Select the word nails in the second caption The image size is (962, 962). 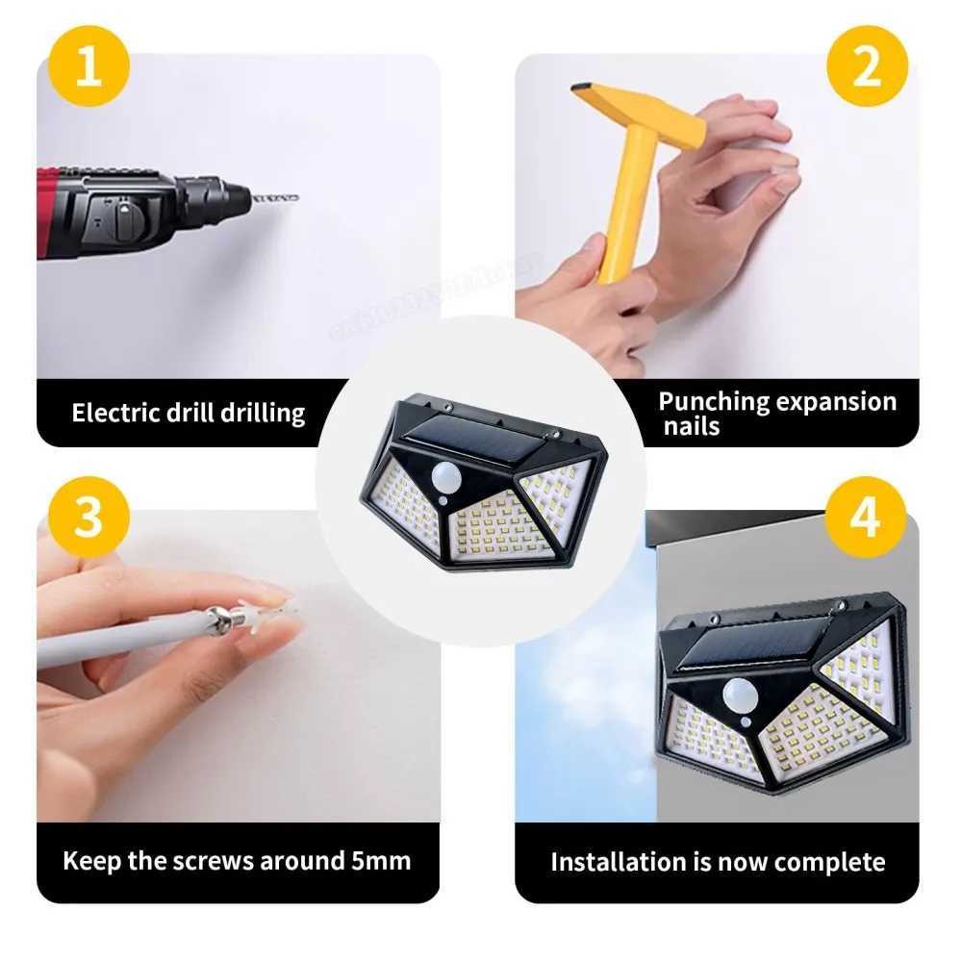691,427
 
